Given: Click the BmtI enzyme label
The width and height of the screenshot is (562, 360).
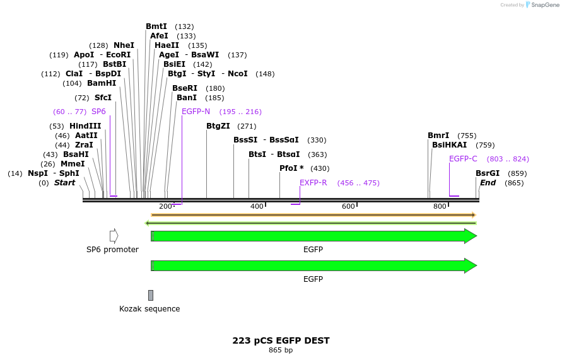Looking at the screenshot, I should tap(156, 26).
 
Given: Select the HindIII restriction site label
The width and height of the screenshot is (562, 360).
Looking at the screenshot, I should tap(85, 126).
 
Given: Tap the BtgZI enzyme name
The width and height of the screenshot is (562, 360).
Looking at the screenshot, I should tap(218, 126).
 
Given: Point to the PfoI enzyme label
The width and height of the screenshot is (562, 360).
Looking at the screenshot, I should tap(291, 168).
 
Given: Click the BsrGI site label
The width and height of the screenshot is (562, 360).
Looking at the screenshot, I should tap(488, 173).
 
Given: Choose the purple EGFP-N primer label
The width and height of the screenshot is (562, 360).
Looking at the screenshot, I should tap(196, 112).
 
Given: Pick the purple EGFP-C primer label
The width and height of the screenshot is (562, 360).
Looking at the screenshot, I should tap(463, 159).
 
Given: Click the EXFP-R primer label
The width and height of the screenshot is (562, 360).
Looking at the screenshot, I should tap(313, 183).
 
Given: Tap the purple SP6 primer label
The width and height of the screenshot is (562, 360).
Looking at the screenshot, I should tap(98, 112).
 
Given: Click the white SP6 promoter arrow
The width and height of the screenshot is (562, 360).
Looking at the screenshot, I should tap(114, 236).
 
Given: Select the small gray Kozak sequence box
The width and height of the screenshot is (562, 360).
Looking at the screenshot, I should tap(151, 295).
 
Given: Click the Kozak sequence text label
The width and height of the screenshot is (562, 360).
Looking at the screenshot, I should tap(149, 309).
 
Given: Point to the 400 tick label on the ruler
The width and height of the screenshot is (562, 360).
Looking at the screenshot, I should tap(257, 207).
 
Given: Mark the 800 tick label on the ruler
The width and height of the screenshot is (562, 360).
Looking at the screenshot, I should tap(440, 207).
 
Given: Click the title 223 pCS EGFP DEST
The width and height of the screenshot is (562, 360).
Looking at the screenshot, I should tap(281, 340).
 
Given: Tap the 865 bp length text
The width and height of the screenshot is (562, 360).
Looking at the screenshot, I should tap(281, 351).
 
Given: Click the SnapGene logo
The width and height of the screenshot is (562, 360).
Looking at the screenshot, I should tap(541, 5).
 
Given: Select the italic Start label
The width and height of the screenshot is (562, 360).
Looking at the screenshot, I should tap(64, 183).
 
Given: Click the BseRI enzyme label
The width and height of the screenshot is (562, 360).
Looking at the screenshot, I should tap(185, 88).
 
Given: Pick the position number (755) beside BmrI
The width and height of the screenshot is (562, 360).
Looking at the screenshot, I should tap(467, 136).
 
